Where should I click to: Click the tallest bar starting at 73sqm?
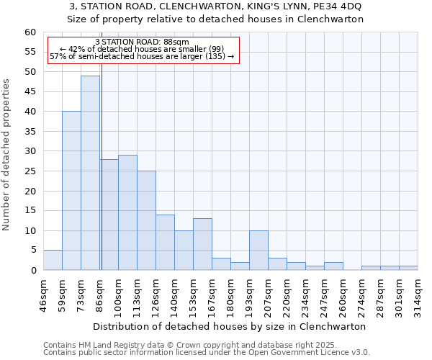point(90,173)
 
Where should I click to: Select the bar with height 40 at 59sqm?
point(71,191)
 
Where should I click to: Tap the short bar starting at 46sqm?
point(53,261)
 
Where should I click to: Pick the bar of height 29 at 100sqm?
point(127,212)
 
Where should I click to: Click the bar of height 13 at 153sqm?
point(202,244)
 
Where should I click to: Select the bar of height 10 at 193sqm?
point(258,251)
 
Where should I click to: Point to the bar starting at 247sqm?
point(333,266)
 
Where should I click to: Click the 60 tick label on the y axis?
point(30,32)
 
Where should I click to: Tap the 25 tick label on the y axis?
point(30,171)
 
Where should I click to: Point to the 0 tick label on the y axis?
point(33,271)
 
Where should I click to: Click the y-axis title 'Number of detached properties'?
point(7,155)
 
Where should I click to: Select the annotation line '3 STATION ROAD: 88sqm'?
point(142,42)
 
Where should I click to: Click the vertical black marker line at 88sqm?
point(102,180)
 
